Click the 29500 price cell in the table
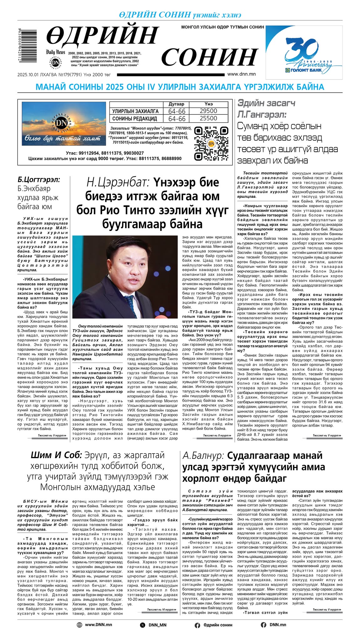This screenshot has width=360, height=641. point(208,111)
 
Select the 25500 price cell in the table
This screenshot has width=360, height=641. point(208,118)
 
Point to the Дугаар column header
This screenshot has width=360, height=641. point(177,104)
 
